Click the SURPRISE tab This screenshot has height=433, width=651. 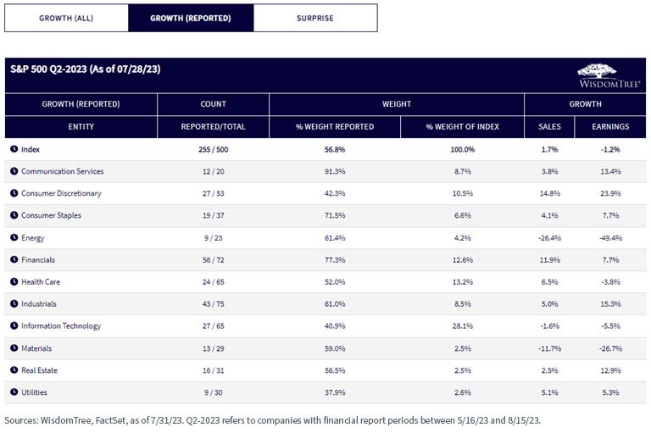click(x=315, y=18)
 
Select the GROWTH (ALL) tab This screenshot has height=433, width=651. click(x=66, y=18)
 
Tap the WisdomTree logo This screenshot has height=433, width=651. click(x=609, y=75)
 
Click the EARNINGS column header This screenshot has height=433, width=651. click(x=610, y=126)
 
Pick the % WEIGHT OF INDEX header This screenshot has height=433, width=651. click(x=463, y=126)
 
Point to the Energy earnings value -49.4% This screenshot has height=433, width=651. click(x=610, y=238)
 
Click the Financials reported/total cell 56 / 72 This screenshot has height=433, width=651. click(x=214, y=260)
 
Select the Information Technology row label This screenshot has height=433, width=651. click(x=61, y=326)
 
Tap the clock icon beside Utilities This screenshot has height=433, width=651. click(x=14, y=391)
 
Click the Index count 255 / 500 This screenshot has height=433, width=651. click(x=214, y=149)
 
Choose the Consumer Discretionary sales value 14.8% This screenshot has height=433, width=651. click(x=549, y=193)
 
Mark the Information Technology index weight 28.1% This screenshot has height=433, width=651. click(x=463, y=326)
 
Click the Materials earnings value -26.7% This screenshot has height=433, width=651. click(x=610, y=348)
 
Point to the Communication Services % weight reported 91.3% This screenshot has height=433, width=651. click(x=335, y=171)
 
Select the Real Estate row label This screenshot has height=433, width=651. click(x=40, y=370)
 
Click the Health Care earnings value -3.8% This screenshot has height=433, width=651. click(x=610, y=282)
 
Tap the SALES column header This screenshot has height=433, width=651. click(x=549, y=126)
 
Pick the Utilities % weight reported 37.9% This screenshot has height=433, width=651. click(x=335, y=392)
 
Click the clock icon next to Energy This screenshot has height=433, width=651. click(x=14, y=237)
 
